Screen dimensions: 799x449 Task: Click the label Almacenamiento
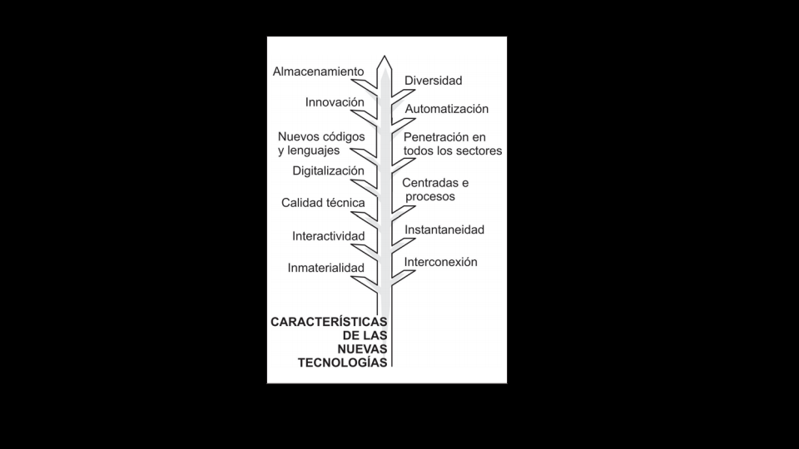point(319,72)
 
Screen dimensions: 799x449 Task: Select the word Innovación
point(335,102)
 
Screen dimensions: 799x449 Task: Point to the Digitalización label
point(328,171)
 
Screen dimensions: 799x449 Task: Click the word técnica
point(345,203)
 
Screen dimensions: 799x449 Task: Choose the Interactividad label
point(329,236)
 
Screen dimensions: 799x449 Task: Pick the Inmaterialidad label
point(326,268)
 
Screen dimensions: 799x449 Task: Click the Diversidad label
point(433,81)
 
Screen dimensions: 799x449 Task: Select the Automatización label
point(447,109)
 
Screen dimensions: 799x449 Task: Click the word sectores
point(480,150)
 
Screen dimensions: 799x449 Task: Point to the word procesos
point(430,196)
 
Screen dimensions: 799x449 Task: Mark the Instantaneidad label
point(444,229)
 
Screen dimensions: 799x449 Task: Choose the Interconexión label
point(441,262)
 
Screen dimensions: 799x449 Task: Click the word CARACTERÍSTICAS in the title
point(329,322)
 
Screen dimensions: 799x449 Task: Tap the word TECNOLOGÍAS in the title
point(342,363)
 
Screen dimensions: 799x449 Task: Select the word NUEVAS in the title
point(362,348)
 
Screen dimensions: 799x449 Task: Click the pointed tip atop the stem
point(385,56)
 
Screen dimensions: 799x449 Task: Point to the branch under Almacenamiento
point(365,85)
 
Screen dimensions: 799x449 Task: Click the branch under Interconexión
point(403,278)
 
